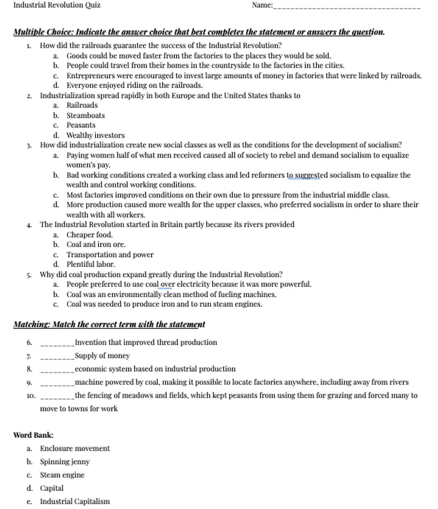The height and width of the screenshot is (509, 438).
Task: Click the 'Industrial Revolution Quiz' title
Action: [57, 5]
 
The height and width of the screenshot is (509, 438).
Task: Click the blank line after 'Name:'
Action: [346, 7]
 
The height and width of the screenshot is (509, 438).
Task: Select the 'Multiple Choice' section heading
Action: [199, 32]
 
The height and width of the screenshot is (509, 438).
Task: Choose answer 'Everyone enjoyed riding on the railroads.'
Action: [134, 85]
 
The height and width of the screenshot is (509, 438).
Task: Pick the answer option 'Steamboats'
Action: [85, 115]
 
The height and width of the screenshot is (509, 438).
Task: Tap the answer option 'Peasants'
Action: [81, 125]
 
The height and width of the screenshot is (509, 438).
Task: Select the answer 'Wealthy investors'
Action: [95, 135]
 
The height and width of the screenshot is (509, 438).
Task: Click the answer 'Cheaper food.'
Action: [89, 235]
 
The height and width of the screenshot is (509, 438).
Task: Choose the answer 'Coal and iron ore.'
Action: [96, 244]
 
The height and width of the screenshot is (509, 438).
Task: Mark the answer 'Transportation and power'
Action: [110, 254]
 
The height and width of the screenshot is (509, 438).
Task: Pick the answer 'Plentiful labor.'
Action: [91, 264]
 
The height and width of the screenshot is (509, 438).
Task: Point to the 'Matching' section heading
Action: [109, 324]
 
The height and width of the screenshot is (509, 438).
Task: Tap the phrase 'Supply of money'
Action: [102, 356]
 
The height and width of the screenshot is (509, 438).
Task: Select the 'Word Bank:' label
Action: [33, 435]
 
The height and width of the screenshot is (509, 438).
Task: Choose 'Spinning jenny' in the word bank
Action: [65, 462]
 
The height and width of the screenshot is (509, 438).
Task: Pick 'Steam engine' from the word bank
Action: [62, 475]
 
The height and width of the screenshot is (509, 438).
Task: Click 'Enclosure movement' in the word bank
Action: [75, 448]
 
